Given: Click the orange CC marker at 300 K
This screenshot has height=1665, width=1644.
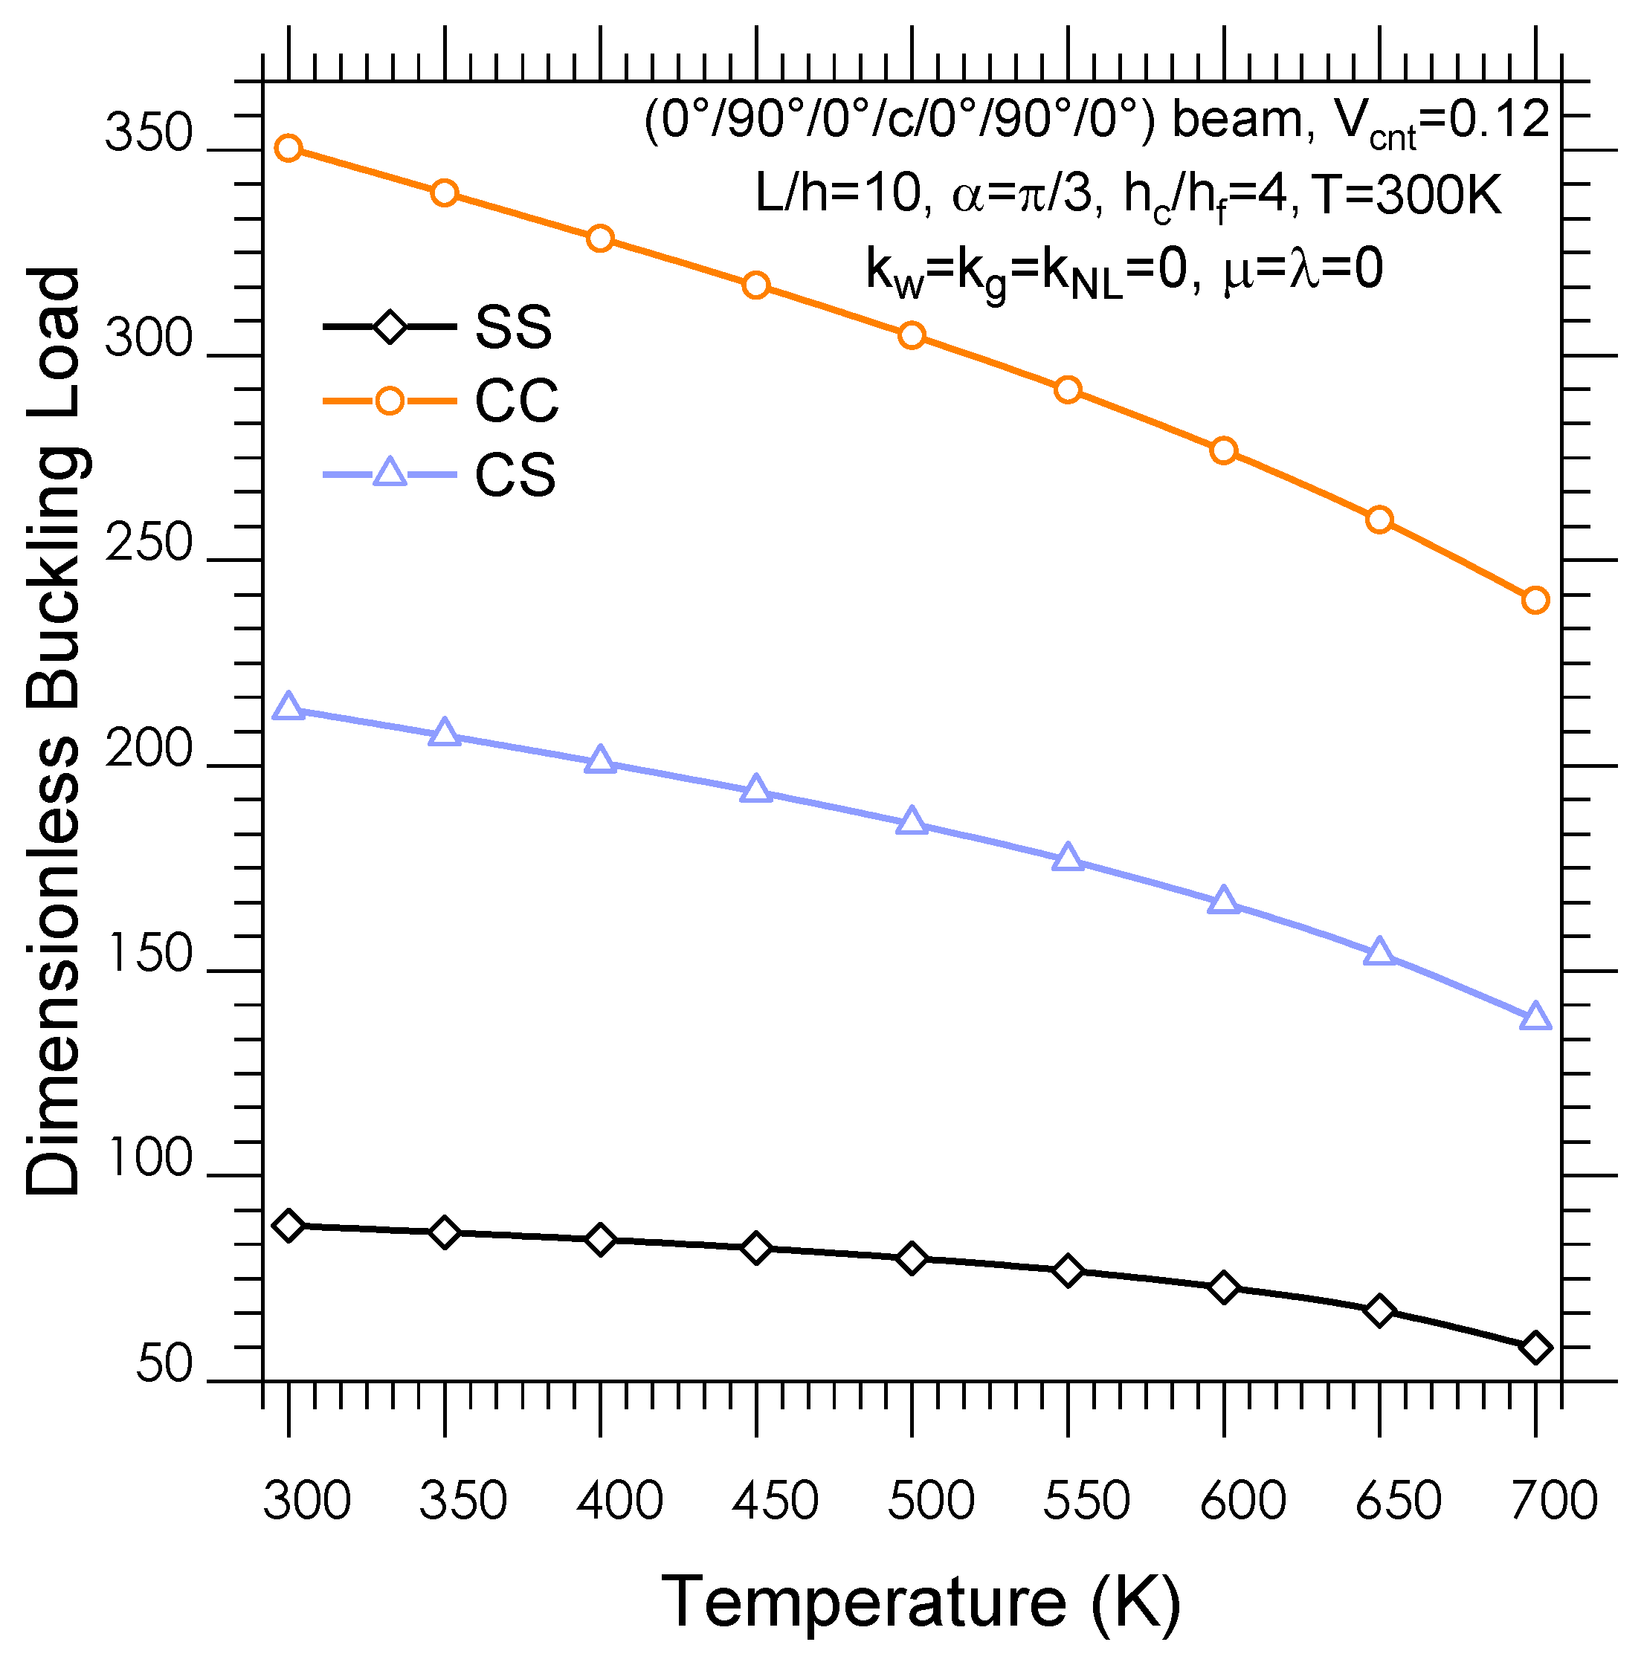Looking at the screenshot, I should [x=288, y=148].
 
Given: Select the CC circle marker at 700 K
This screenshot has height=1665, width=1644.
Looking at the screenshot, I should [x=1535, y=600].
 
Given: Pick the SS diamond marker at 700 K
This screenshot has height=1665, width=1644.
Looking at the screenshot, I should [x=1535, y=1347].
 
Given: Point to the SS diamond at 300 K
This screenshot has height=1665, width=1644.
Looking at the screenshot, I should [x=288, y=1225].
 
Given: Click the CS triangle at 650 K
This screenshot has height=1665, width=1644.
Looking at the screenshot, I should [x=1379, y=952].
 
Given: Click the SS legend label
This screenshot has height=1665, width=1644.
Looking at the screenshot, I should [x=513, y=328].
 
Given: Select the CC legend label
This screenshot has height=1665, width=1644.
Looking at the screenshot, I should [x=516, y=401].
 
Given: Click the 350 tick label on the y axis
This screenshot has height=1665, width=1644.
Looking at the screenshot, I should [x=148, y=135].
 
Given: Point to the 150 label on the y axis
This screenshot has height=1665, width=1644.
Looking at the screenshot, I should [x=148, y=955].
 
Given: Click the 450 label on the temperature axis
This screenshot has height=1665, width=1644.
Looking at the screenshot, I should [x=774, y=1501].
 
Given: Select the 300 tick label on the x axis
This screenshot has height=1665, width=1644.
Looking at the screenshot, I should [x=307, y=1501].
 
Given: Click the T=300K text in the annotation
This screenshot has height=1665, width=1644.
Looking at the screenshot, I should [x=1408, y=195].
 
